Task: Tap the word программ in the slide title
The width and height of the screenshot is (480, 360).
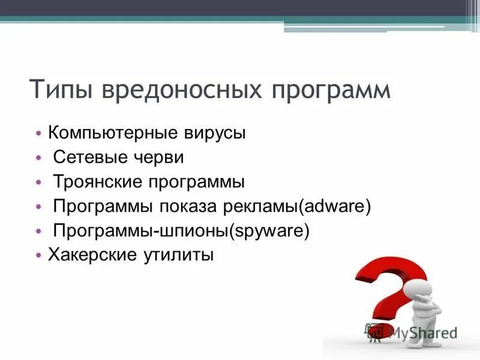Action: coord(330,91)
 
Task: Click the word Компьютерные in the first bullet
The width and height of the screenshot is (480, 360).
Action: coord(110,133)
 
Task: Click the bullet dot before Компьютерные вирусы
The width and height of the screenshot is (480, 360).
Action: coord(39,133)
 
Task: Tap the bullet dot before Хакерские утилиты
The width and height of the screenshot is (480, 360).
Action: coord(39,256)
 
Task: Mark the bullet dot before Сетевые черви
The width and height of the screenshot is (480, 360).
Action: coord(39,158)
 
